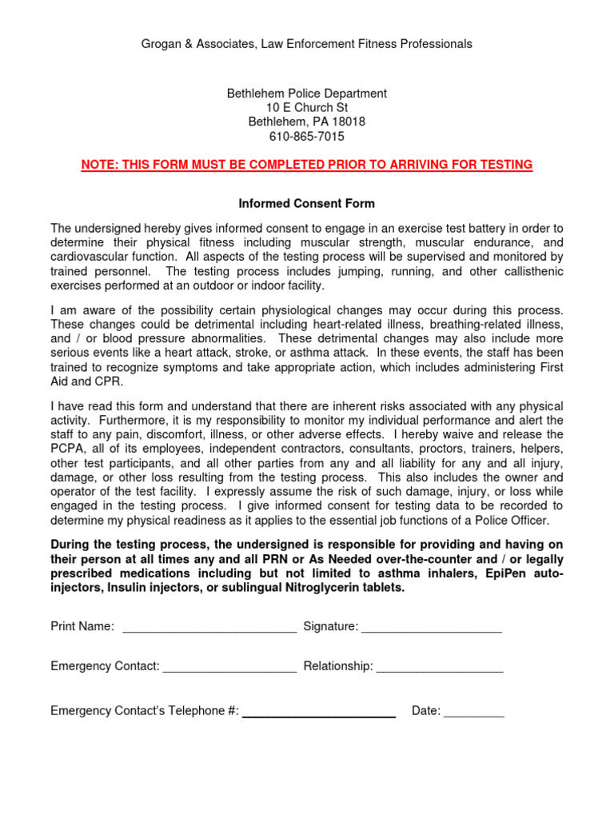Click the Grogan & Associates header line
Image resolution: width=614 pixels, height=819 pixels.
pyautogui.click(x=306, y=44)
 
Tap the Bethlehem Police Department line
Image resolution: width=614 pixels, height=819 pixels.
pyautogui.click(x=307, y=94)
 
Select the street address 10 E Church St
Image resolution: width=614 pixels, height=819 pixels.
pyautogui.click(x=307, y=108)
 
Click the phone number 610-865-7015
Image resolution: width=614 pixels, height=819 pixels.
pyautogui.click(x=307, y=137)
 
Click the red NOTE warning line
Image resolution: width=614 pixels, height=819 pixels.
pyautogui.click(x=307, y=165)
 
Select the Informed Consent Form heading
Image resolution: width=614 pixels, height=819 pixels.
pyautogui.click(x=307, y=204)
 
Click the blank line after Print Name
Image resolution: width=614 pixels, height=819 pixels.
pyautogui.click(x=209, y=627)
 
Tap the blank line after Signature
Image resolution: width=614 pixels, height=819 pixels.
pyautogui.click(x=432, y=627)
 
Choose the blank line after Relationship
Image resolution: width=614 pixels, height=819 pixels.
pyautogui.click(x=440, y=667)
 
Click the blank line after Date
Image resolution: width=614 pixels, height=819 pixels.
pyautogui.click(x=474, y=711)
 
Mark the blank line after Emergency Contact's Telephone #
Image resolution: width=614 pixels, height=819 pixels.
pyautogui.click(x=319, y=712)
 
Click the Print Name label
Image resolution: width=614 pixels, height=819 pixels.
pyautogui.click(x=82, y=627)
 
